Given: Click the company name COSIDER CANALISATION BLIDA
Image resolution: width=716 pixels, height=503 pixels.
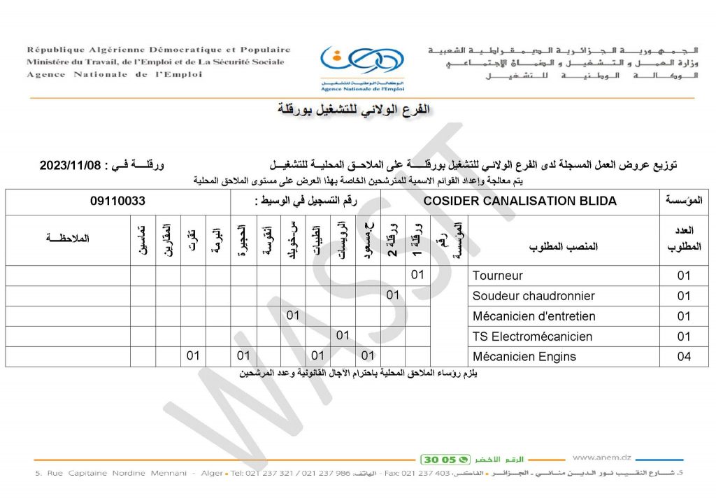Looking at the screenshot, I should [x=520, y=201].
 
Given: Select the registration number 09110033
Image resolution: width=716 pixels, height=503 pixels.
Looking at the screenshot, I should [x=118, y=201].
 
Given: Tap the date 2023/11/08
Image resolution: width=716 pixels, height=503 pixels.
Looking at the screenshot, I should [x=72, y=166].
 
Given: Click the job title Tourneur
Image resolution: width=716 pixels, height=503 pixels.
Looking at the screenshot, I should [x=498, y=276].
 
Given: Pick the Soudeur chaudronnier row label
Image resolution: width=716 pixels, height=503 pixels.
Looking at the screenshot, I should [x=534, y=296].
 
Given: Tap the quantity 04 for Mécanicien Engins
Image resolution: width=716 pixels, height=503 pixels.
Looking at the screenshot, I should [x=684, y=357].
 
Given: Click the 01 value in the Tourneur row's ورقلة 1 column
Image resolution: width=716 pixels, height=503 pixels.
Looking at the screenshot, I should [x=417, y=275].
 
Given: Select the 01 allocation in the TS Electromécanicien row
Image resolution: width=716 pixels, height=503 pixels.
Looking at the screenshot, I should [x=343, y=336].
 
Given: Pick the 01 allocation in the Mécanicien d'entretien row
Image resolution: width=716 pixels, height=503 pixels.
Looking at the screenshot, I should [x=293, y=316].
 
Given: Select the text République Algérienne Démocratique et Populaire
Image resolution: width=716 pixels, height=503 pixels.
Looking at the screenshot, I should [x=159, y=50].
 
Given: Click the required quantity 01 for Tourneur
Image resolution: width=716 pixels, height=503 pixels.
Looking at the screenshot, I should [x=684, y=276].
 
